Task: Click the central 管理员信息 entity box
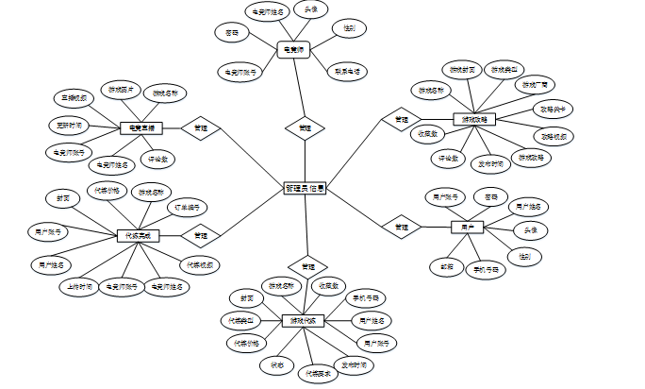(x=305, y=188)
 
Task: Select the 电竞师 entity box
(x=293, y=47)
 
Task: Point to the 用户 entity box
(x=466, y=228)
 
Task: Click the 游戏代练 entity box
(x=304, y=320)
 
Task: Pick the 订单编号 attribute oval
(x=185, y=207)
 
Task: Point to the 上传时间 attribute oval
(x=80, y=284)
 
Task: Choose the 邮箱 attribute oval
(x=447, y=266)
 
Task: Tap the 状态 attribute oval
(x=276, y=363)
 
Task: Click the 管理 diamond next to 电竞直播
(x=200, y=127)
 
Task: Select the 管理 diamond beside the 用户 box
(x=402, y=227)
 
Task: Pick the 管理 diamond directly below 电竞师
(x=304, y=127)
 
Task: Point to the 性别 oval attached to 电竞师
(x=348, y=29)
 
